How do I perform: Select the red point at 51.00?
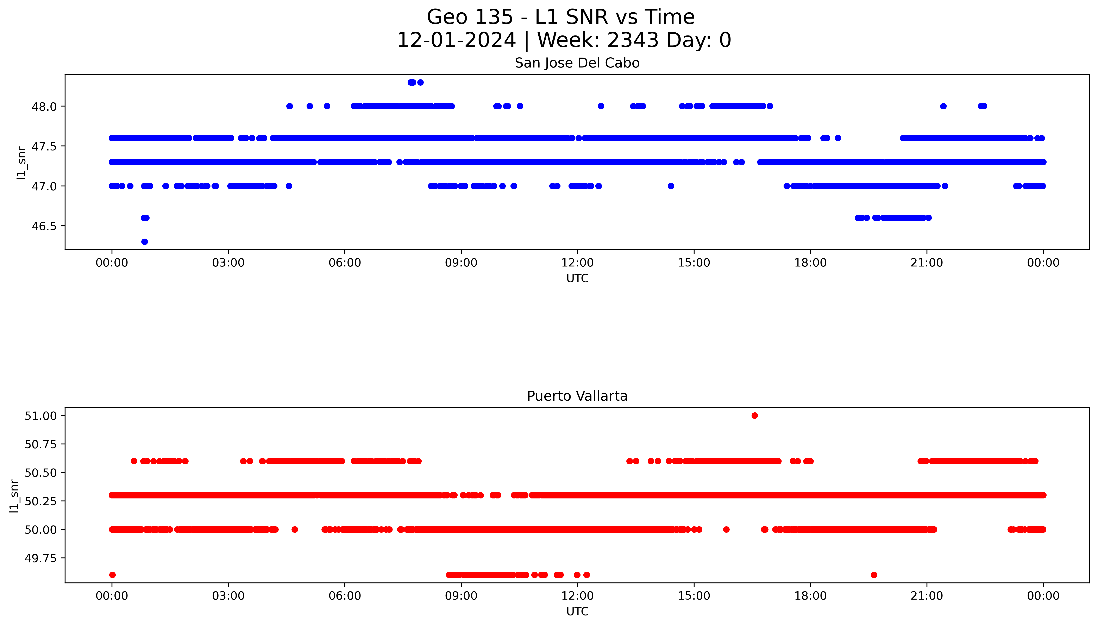(x=754, y=415)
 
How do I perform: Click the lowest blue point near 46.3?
(x=145, y=242)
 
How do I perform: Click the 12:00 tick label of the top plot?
(x=577, y=263)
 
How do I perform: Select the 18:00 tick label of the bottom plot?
(x=810, y=596)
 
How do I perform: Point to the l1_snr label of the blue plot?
(x=21, y=162)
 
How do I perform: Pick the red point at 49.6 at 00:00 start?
(x=112, y=575)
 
